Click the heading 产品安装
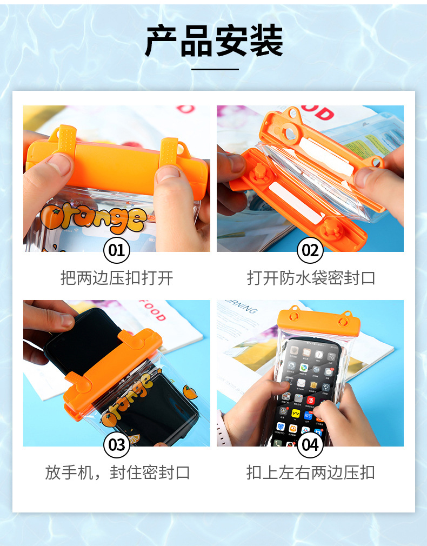click(213, 41)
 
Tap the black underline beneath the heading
click(215, 69)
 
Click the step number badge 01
click(116, 250)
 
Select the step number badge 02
click(310, 250)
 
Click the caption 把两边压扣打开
click(117, 278)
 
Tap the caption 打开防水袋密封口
click(311, 278)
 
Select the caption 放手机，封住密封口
click(117, 472)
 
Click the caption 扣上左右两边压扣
click(311, 472)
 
